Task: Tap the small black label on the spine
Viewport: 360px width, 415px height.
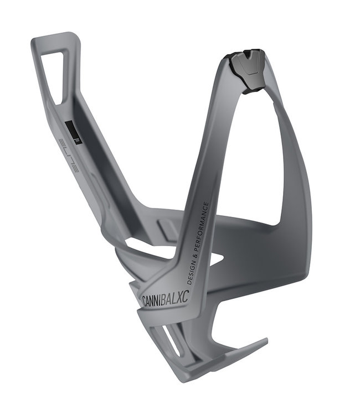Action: (x=73, y=133)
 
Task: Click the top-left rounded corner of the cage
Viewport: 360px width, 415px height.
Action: (x=36, y=43)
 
